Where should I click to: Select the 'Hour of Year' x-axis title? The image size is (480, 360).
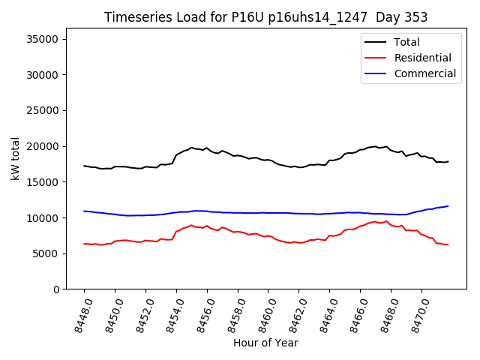265,343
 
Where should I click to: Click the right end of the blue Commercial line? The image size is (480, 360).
448,205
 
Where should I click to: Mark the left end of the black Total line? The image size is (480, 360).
84,166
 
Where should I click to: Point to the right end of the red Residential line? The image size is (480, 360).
448,244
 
